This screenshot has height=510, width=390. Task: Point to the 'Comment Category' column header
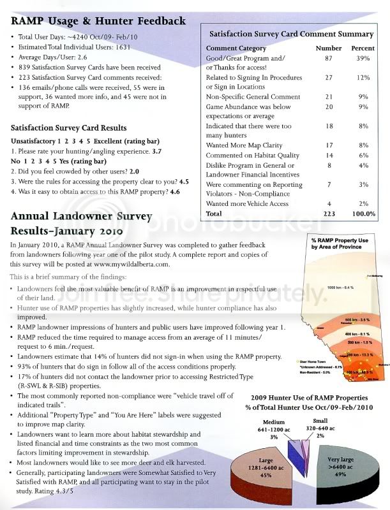[x=239, y=48]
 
